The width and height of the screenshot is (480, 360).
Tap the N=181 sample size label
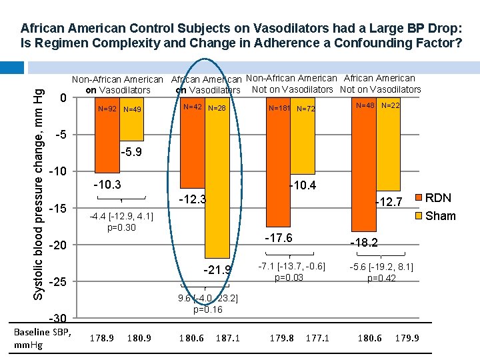(278, 108)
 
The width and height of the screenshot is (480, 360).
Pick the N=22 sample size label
(390, 105)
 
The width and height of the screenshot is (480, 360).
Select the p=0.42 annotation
(381, 278)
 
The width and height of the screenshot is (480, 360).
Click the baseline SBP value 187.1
(227, 339)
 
